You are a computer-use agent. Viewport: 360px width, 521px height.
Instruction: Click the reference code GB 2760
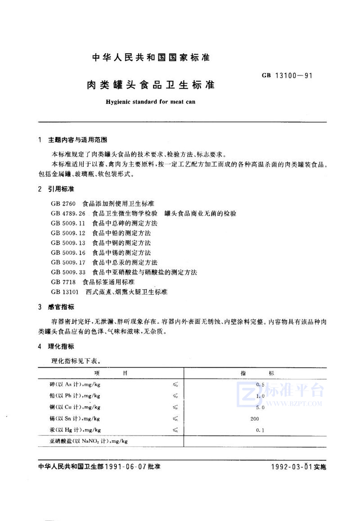[x=62, y=203]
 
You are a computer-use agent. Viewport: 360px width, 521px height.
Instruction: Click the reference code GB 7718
[x=62, y=282]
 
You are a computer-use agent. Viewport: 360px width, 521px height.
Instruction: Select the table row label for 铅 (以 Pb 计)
[x=75, y=396]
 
